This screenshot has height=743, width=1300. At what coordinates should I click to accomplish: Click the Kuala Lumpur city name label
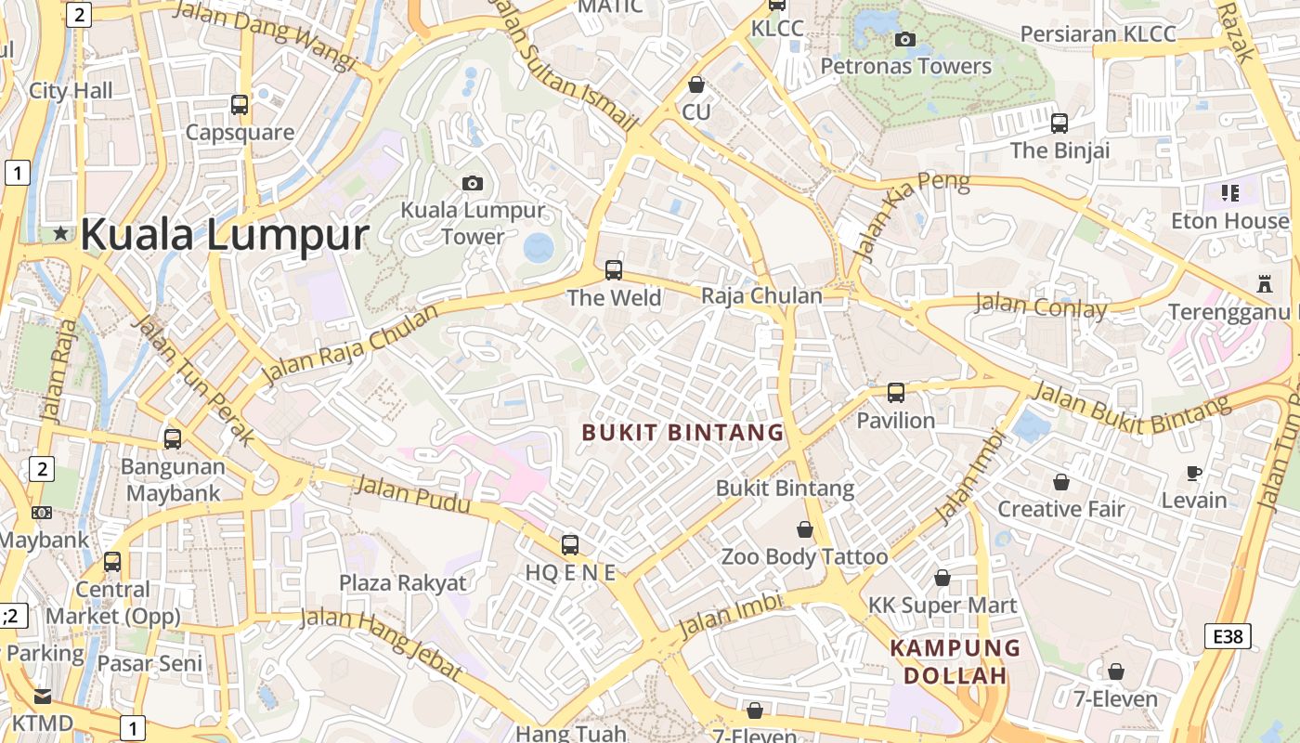[225, 234]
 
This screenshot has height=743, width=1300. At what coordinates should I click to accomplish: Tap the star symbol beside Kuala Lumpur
[61, 233]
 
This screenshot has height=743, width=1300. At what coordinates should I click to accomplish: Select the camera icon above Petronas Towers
[905, 39]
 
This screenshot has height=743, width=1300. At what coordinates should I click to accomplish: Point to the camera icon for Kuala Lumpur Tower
[473, 183]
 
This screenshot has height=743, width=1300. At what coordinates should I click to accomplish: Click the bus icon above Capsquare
[240, 105]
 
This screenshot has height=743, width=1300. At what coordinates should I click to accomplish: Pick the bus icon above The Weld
[613, 270]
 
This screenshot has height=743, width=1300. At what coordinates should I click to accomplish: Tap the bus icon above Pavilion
[896, 393]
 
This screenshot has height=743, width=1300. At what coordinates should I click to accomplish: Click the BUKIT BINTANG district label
[682, 433]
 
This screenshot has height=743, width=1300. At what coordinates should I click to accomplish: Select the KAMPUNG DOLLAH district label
[955, 661]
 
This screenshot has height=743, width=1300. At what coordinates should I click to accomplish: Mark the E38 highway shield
[1228, 636]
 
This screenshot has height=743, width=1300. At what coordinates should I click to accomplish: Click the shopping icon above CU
[696, 85]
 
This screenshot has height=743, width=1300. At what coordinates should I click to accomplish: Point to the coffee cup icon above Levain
[1194, 474]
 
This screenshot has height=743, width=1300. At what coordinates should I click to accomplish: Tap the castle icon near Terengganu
[1263, 282]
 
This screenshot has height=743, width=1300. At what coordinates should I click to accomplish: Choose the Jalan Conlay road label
[1041, 306]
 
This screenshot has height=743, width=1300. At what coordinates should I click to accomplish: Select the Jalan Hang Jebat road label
[381, 641]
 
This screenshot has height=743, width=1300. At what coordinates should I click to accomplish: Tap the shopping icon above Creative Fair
[1060, 482]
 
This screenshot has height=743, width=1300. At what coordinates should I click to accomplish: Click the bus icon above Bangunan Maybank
[173, 439]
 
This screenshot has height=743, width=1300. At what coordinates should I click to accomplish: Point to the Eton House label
[1230, 221]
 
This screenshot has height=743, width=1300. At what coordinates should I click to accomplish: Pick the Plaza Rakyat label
[403, 583]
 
